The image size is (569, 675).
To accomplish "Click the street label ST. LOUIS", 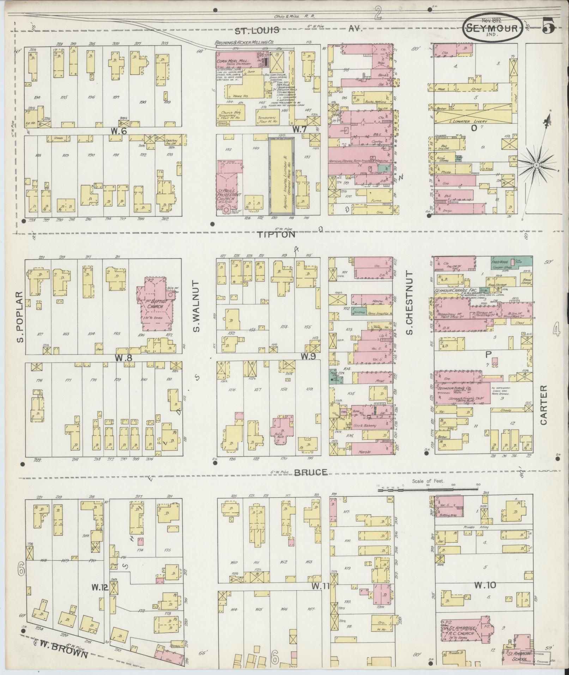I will (257, 30).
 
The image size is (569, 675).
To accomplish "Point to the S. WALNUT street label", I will (196, 306).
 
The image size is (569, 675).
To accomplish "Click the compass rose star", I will (536, 165).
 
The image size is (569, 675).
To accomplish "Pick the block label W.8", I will (123, 358).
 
